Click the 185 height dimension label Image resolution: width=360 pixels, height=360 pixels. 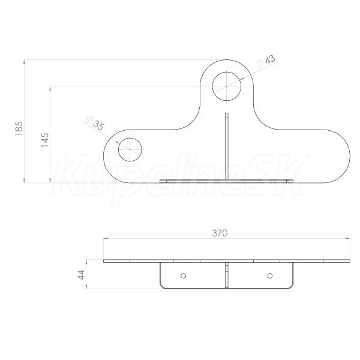(19, 128)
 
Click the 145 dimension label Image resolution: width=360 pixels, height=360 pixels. (45, 140)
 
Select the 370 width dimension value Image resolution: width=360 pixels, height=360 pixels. (220, 233)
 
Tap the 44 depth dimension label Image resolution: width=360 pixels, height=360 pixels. (82, 275)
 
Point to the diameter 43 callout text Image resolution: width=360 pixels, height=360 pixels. (266, 61)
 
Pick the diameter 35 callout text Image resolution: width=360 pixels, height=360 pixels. (95, 123)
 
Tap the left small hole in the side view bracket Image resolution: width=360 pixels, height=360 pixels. (183, 275)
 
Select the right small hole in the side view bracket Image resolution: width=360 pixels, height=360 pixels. (270, 275)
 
